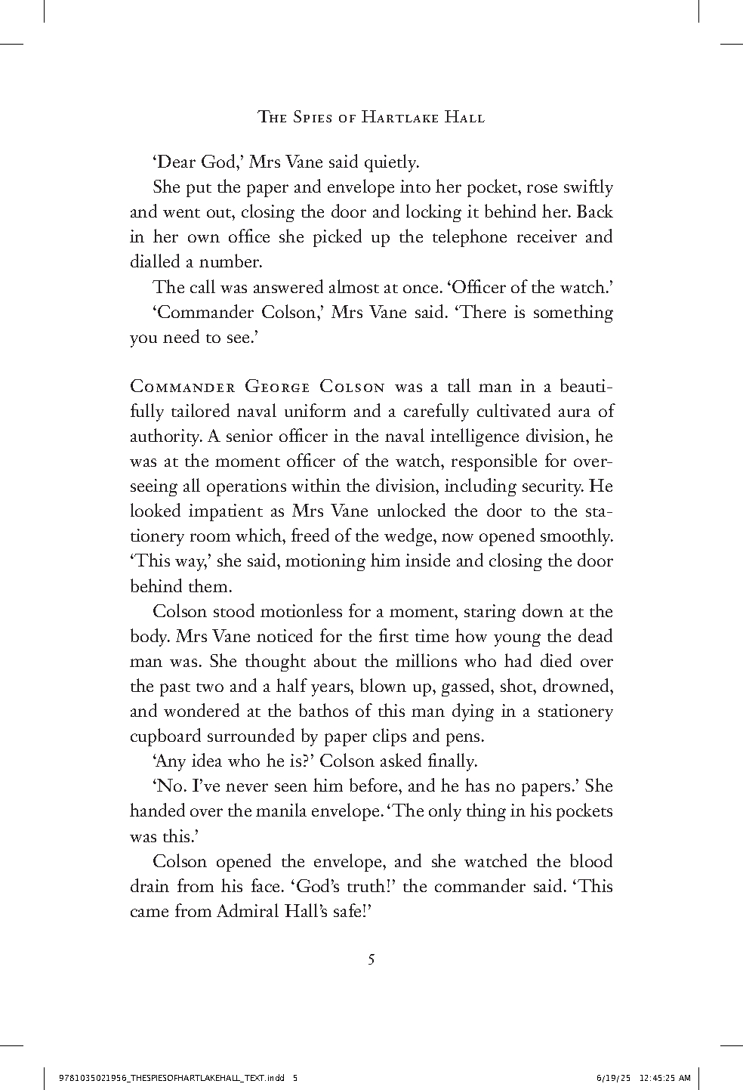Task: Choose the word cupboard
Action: pos(165,736)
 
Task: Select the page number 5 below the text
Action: pos(371,960)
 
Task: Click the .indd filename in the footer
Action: pos(173,1077)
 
